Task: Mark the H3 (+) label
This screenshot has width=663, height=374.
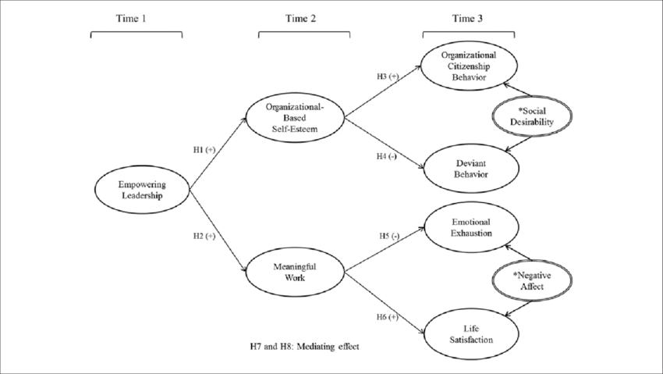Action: point(388,76)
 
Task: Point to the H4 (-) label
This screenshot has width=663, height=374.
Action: point(388,157)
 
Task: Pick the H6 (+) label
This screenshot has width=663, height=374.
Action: point(388,316)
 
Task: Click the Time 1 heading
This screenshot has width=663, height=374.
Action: point(136,20)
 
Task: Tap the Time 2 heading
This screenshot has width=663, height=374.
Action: point(303,20)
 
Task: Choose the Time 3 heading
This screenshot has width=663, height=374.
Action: point(468,20)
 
